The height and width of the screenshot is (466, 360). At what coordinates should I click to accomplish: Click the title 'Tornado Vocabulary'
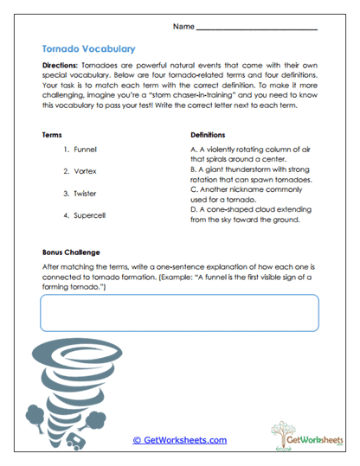click(x=87, y=49)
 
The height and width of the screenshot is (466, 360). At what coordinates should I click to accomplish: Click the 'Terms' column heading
click(x=52, y=135)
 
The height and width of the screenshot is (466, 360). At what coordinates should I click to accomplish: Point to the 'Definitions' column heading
click(x=208, y=135)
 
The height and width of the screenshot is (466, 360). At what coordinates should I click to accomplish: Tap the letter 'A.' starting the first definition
click(x=193, y=149)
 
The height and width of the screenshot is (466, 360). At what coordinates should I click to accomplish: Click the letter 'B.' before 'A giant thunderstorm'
click(x=193, y=169)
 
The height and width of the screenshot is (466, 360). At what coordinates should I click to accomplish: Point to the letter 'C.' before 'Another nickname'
click(x=193, y=190)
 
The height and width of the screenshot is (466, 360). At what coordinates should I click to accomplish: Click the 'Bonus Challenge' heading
click(x=72, y=252)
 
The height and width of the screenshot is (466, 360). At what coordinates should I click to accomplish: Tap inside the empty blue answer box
click(x=179, y=313)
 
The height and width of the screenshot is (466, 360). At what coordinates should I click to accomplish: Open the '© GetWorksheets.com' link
click(x=179, y=440)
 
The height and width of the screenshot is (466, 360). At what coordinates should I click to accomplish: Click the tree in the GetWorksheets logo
click(x=280, y=433)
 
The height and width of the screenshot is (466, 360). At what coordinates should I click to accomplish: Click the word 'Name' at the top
click(x=183, y=27)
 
